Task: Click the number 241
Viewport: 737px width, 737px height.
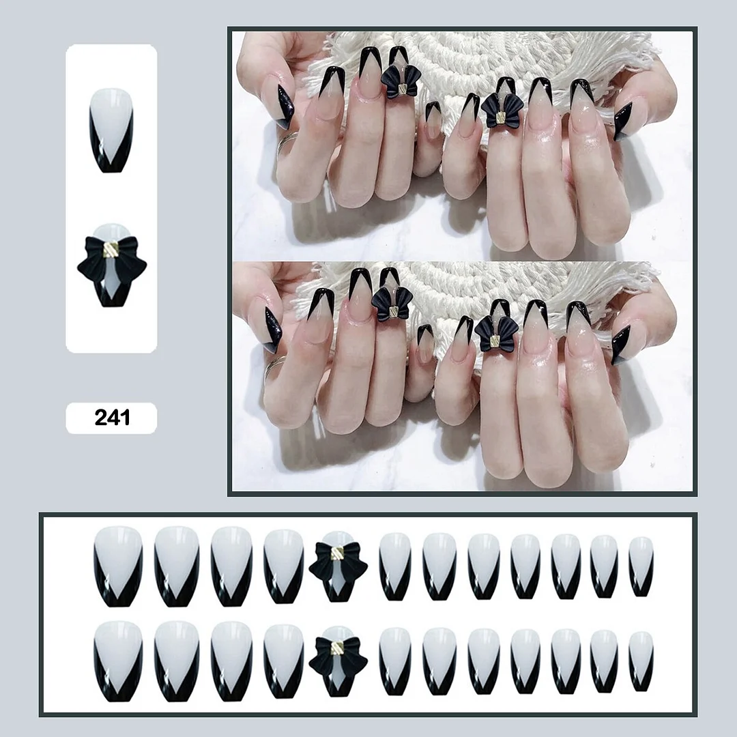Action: point(112,418)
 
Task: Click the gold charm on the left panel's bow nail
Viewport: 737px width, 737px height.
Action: point(111,254)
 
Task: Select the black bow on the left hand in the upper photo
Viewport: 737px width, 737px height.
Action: point(399,82)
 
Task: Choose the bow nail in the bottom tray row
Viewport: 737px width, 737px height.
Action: point(338,659)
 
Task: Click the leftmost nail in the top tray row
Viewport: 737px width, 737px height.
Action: point(118,567)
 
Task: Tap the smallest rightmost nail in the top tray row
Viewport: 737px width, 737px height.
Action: point(641,566)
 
